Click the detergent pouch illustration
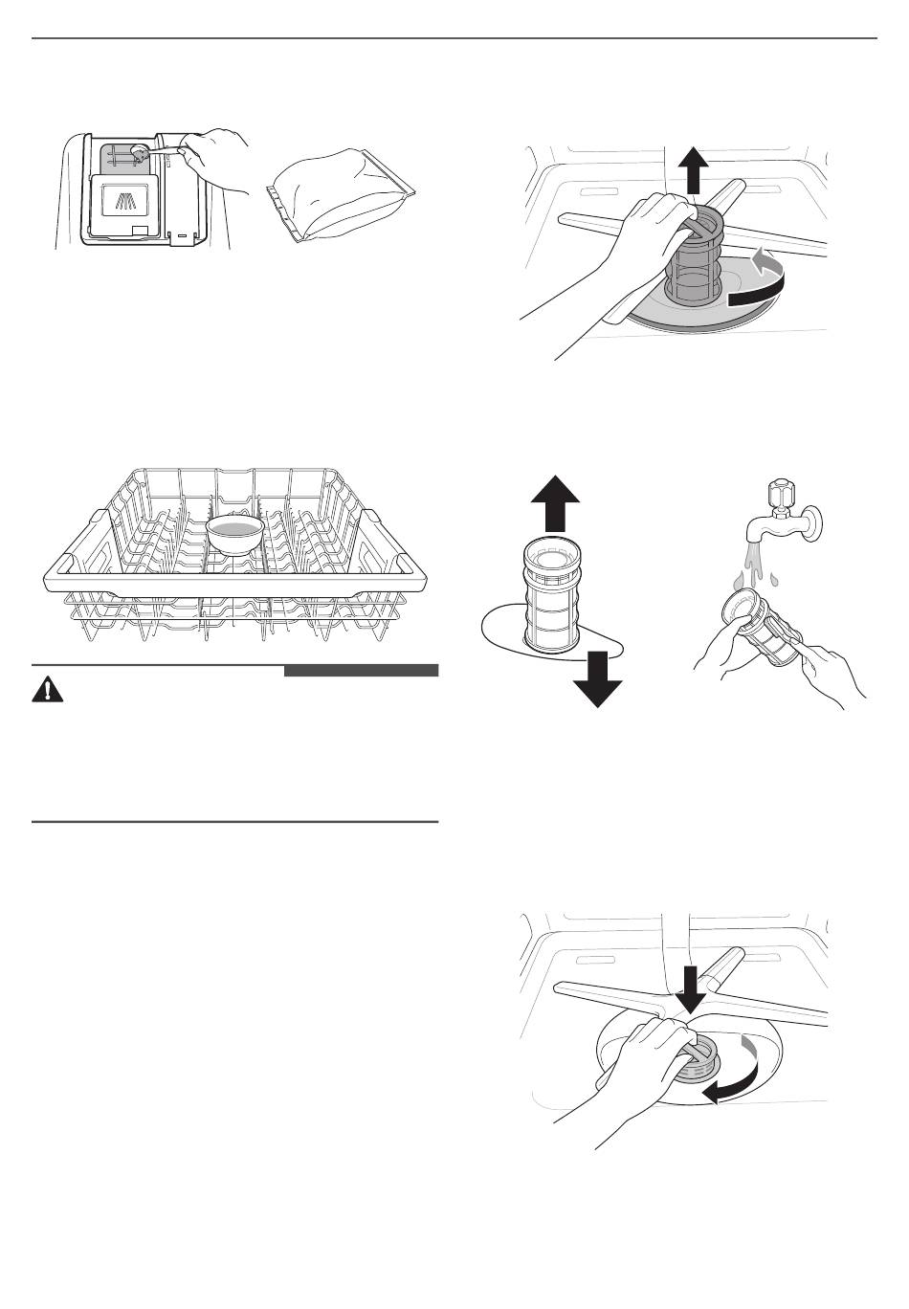click(x=343, y=199)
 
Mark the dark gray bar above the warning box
click(x=361, y=670)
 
